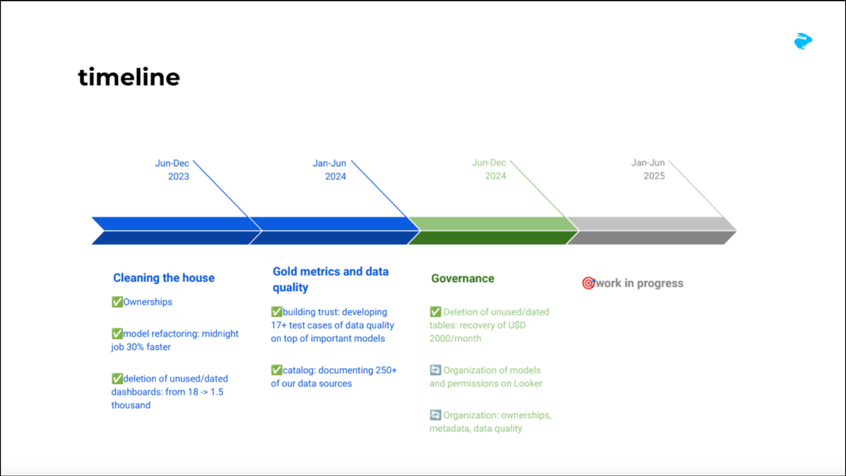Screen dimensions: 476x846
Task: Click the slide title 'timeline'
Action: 129,77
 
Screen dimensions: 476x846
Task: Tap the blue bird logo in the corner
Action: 803,41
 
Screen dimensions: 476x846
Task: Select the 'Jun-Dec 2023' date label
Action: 173,170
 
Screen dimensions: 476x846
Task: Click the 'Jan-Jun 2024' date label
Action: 329,170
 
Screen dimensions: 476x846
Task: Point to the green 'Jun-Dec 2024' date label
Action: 489,169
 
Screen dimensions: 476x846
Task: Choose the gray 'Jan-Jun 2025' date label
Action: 648,169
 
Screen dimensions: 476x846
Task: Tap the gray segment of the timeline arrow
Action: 651,230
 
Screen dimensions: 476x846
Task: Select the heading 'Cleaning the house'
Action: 164,278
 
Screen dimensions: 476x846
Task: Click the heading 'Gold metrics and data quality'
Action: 330,279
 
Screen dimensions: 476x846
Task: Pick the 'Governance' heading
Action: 462,279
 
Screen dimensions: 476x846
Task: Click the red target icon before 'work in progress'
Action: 588,283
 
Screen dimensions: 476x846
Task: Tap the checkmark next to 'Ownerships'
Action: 117,302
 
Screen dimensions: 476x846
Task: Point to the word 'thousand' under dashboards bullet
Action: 131,405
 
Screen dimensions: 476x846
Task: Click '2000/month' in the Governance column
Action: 455,338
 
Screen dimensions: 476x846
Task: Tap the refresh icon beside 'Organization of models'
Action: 435,370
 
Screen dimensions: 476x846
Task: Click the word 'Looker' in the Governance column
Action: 528,384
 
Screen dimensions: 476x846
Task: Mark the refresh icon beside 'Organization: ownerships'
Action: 435,415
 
